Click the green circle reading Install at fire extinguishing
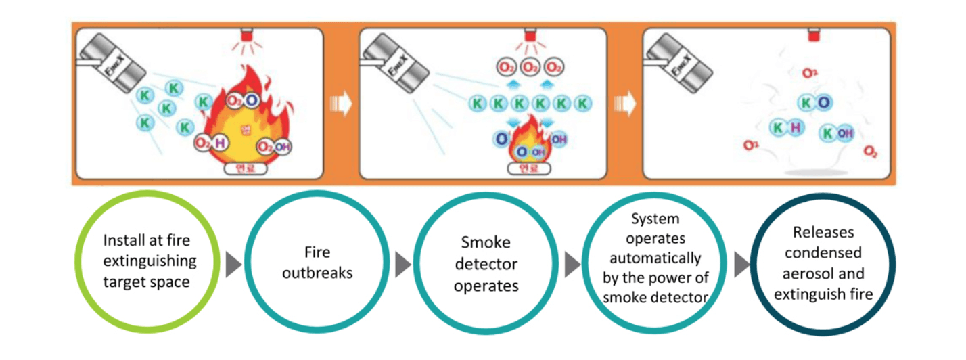(146, 261)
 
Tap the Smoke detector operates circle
(486, 263)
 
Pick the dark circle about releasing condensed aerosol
(823, 263)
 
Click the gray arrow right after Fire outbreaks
(402, 264)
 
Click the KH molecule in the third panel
(787, 127)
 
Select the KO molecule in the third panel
(814, 103)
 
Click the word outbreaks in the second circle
(317, 273)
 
